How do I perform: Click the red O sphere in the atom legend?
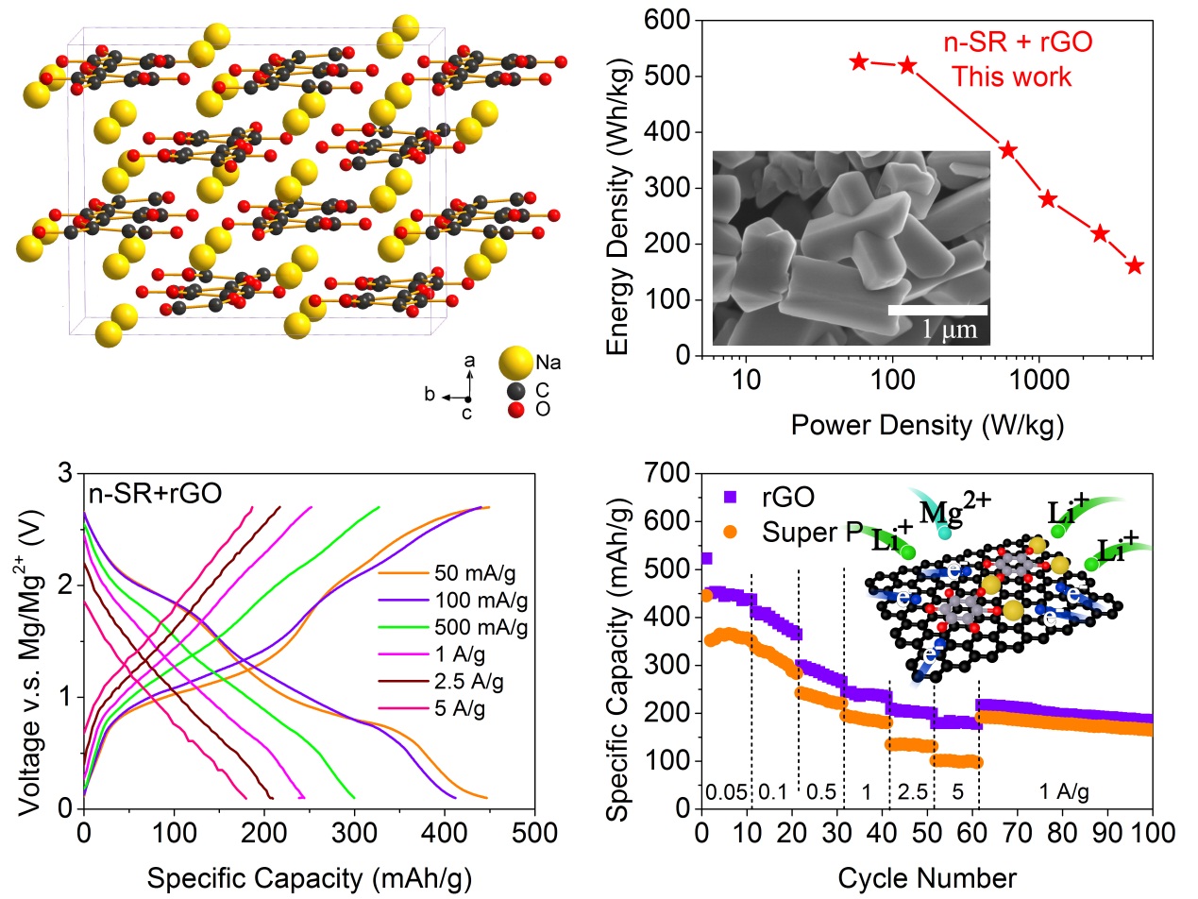514,411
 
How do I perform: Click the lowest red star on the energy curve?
1134,265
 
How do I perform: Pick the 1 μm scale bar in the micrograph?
937,310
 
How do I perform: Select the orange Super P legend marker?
729,532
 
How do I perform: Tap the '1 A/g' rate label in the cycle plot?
1066,791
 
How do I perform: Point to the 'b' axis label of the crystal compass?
430,395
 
